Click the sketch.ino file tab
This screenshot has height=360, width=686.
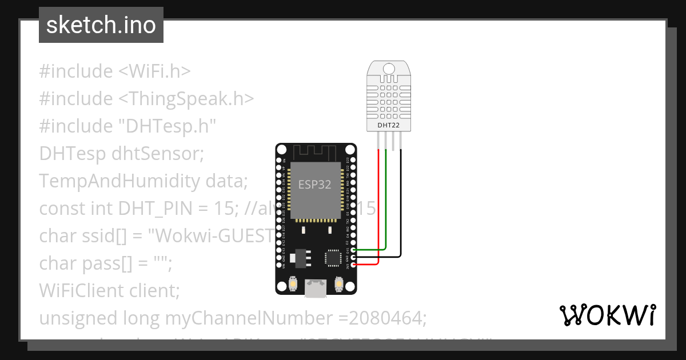click(x=101, y=25)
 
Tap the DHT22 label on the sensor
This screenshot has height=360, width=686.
click(x=388, y=125)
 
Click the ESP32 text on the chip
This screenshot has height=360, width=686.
click(x=314, y=185)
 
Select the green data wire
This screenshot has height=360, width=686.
click(x=386, y=200)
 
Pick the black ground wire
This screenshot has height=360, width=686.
click(x=401, y=200)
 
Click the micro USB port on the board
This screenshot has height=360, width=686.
click(x=316, y=289)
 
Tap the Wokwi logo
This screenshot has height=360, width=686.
click(x=607, y=315)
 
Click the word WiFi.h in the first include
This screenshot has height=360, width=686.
click(x=155, y=71)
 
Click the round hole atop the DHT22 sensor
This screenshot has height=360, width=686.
click(x=389, y=69)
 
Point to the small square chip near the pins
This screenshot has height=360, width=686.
click(x=333, y=258)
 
